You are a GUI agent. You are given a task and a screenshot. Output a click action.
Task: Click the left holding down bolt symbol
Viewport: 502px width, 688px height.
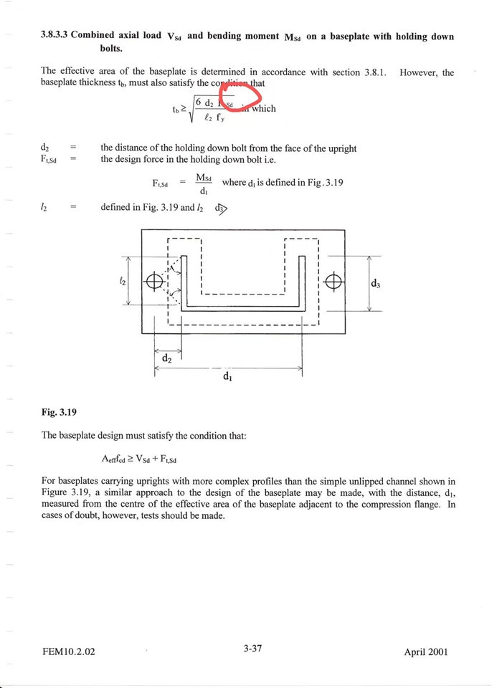(154, 281)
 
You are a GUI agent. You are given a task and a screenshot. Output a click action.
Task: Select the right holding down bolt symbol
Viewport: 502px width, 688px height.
(333, 281)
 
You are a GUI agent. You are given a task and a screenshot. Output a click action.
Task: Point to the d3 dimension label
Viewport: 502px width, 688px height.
(375, 284)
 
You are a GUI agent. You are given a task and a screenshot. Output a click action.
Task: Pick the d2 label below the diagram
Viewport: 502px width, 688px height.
(166, 357)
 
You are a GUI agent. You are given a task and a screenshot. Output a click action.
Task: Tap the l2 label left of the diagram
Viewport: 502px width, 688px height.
(123, 282)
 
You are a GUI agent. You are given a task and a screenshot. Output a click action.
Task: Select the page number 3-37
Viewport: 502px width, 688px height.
(252, 649)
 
